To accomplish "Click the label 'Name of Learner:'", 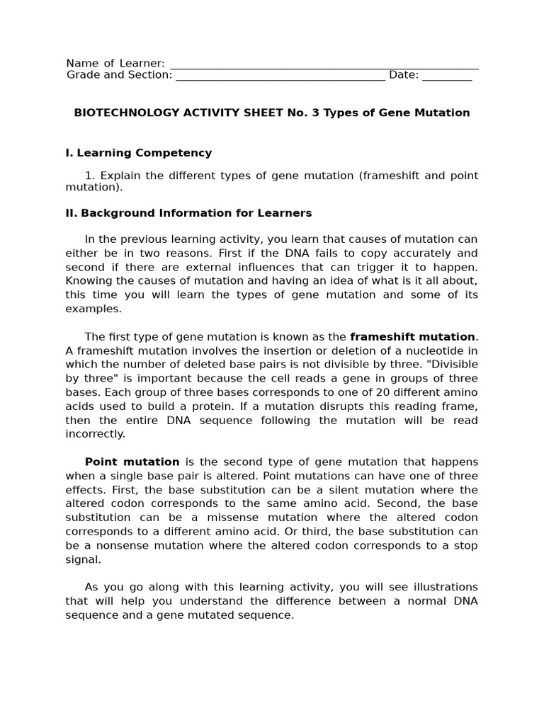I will pyautogui.click(x=115, y=64).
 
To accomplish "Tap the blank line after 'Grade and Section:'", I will pyautogui.click(x=280, y=76).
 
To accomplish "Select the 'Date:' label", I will pyautogui.click(x=404, y=75).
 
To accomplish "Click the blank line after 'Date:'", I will pyautogui.click(x=447, y=76).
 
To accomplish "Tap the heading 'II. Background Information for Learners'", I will pyautogui.click(x=188, y=213).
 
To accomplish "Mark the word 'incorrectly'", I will pyautogui.click(x=94, y=434).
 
